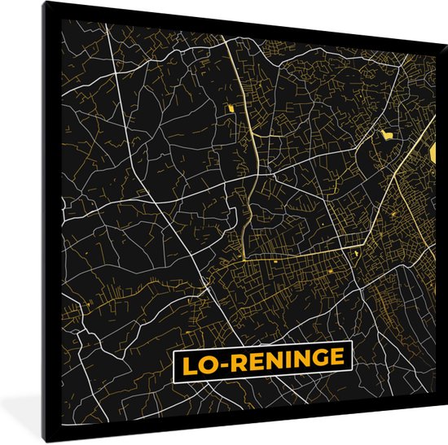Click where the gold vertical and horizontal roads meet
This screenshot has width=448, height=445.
tap(244, 260)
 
